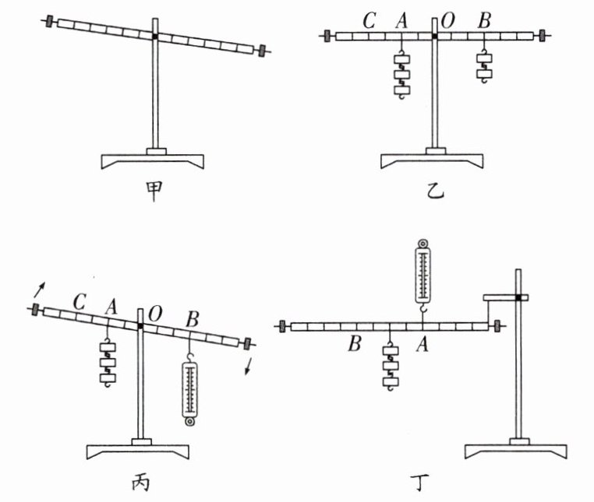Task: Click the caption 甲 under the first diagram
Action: (154, 190)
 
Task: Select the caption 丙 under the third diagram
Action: (139, 483)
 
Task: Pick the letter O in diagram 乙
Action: (447, 21)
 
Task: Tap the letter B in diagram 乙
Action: (484, 21)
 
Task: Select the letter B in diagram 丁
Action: (355, 343)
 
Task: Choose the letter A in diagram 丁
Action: (423, 343)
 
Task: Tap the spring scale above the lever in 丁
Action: (423, 272)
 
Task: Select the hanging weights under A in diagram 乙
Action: (401, 76)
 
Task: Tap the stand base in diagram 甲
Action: (154, 160)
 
